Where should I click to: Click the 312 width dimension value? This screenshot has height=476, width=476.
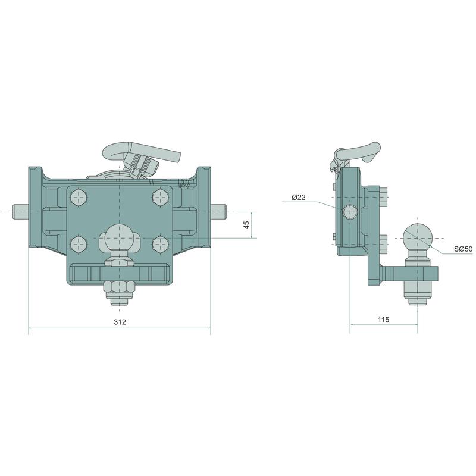(x=120, y=322)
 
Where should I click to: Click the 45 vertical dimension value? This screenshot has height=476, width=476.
(x=246, y=225)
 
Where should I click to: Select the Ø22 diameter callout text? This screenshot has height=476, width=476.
(x=299, y=198)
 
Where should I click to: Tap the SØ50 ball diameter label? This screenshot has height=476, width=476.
(x=464, y=249)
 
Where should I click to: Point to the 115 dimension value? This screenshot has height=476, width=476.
(x=383, y=320)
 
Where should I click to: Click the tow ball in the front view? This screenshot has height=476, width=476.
(x=117, y=237)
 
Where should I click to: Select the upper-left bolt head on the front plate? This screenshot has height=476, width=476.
(x=79, y=198)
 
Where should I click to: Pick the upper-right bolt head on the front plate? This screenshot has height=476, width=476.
(x=160, y=198)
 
